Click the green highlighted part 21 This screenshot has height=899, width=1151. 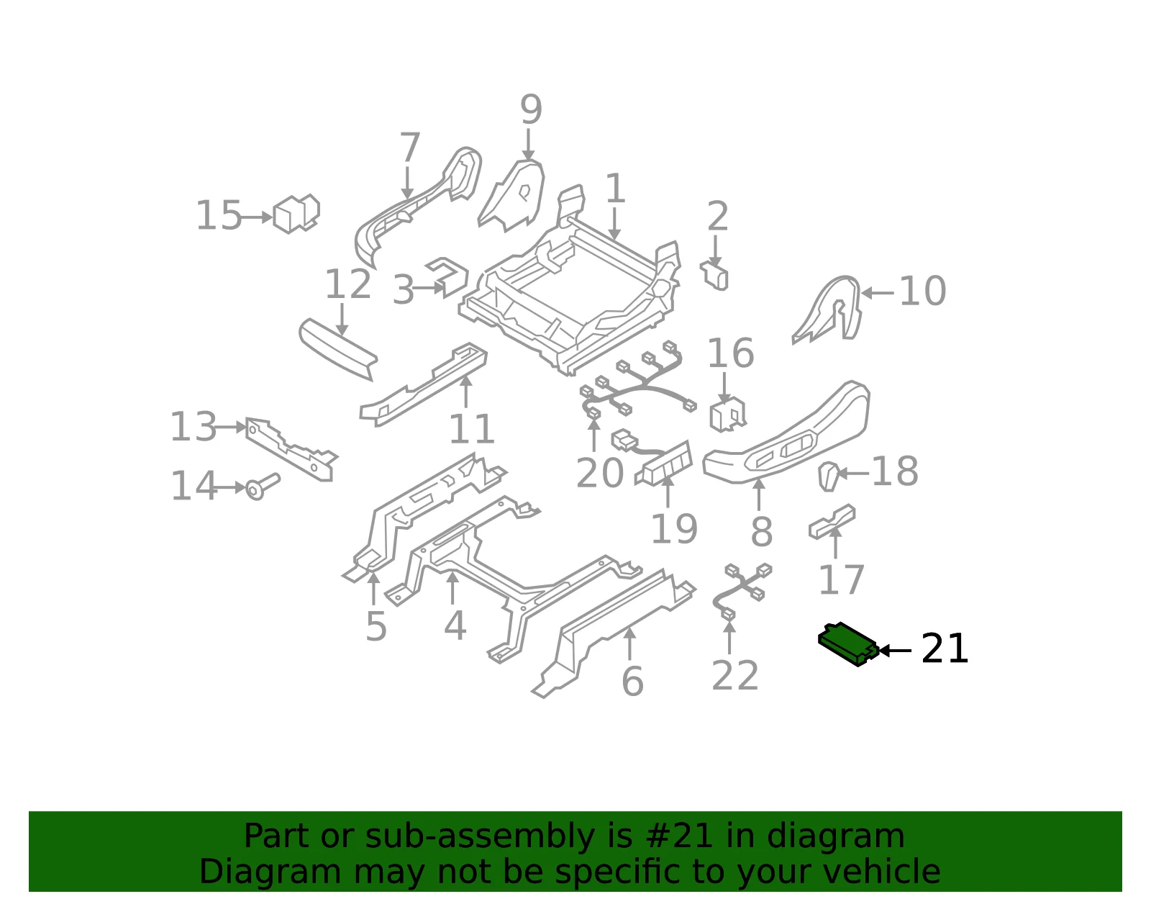(848, 644)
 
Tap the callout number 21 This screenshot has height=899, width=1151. (945, 649)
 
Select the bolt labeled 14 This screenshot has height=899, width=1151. (262, 486)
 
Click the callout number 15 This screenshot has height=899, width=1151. (219, 216)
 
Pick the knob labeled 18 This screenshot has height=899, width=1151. (829, 476)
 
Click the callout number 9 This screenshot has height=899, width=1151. (531, 109)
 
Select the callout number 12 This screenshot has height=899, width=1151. (347, 284)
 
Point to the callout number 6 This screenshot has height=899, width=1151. (632, 682)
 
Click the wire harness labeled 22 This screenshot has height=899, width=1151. (742, 590)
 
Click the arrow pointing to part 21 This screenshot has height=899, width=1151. (895, 650)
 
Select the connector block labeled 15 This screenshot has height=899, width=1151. (296, 214)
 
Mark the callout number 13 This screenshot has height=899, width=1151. (194, 426)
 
